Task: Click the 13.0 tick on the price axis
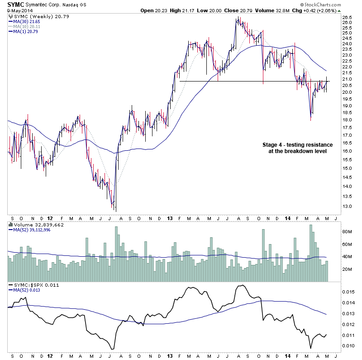347,206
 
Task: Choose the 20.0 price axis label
347,92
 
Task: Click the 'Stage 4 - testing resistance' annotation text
297,144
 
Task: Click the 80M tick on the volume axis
347,231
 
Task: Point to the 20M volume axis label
347,269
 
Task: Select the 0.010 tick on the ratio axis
348,346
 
